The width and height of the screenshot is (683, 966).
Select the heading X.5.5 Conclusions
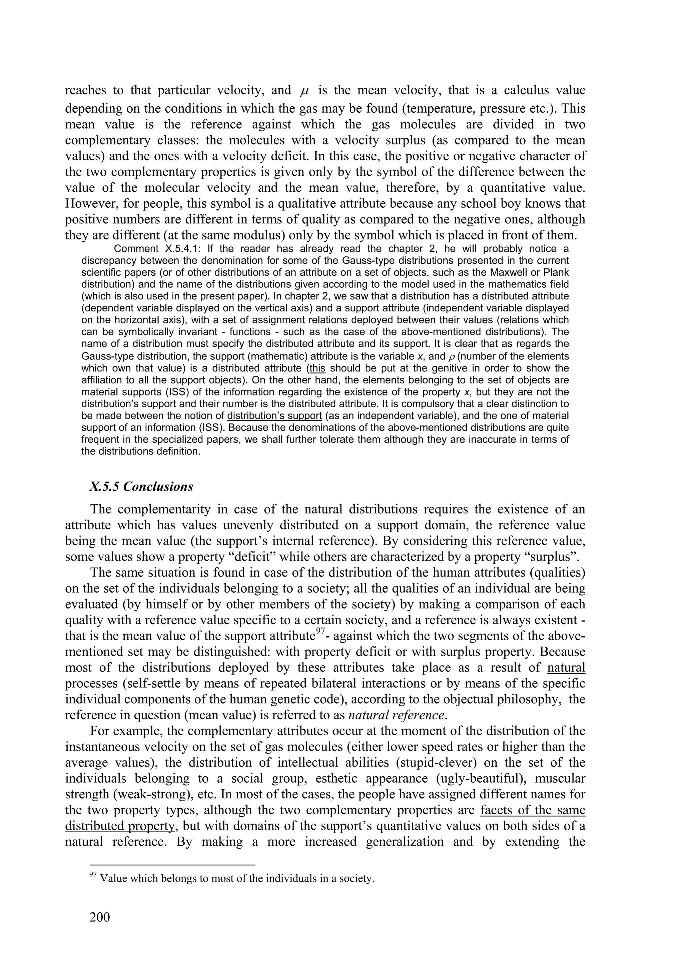(x=141, y=487)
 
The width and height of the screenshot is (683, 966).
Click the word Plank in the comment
(x=556, y=272)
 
